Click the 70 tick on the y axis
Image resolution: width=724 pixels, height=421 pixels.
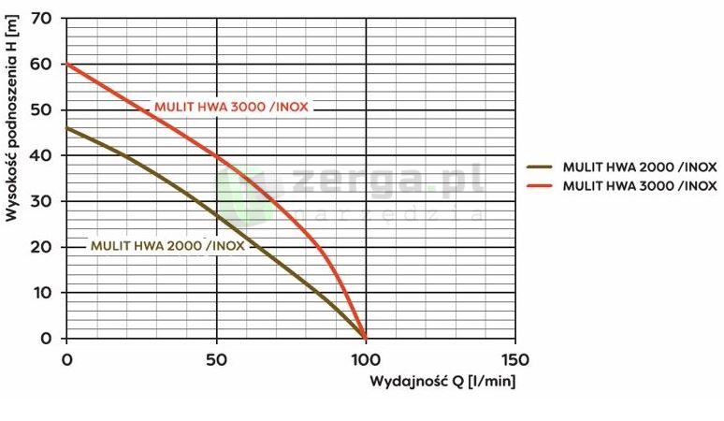click(x=45, y=18)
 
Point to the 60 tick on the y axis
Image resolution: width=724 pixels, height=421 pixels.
click(x=45, y=64)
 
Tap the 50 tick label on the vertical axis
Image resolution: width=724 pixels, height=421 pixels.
click(x=45, y=109)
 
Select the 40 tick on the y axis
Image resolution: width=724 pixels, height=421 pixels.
click(x=45, y=155)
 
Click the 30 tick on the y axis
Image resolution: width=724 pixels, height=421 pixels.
click(x=45, y=201)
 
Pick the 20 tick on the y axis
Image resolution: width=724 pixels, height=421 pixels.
click(x=45, y=246)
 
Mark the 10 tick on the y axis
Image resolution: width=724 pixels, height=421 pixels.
click(x=45, y=292)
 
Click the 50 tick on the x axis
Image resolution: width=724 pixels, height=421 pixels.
click(x=216, y=359)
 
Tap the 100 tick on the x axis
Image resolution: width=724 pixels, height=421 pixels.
click(x=366, y=359)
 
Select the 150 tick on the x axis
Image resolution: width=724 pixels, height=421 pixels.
click(x=515, y=359)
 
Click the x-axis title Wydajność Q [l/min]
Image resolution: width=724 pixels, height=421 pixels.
click(x=442, y=382)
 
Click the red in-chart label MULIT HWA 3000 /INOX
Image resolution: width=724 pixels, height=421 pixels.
click(x=231, y=107)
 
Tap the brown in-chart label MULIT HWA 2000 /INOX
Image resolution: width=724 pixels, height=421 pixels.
click(x=167, y=246)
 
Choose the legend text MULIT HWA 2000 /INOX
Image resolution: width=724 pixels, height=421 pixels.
click(x=640, y=167)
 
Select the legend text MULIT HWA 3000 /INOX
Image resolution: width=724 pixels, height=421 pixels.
click(x=640, y=185)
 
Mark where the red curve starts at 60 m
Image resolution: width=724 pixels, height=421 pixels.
click(x=66, y=64)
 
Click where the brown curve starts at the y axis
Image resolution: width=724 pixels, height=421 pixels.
click(x=66, y=128)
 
